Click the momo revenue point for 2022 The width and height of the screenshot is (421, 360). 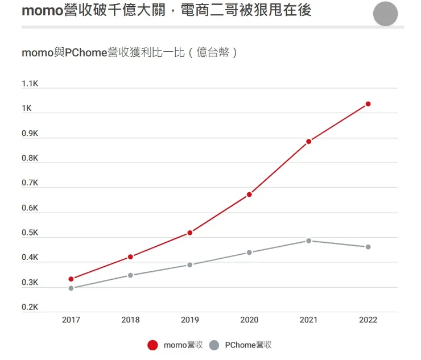click(x=368, y=104)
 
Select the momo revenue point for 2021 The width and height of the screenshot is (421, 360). click(x=309, y=142)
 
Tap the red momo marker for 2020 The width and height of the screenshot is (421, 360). click(x=249, y=195)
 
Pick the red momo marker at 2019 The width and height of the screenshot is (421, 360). click(x=190, y=233)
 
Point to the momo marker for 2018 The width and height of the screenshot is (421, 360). click(x=130, y=257)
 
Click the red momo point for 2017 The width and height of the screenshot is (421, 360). click(x=71, y=279)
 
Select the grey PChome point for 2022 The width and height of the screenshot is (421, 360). click(x=368, y=247)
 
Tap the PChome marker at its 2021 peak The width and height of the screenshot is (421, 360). click(x=309, y=241)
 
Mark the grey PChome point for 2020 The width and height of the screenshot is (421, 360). click(x=249, y=253)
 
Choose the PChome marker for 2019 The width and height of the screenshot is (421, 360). click(x=190, y=264)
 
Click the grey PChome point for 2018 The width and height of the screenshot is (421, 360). click(x=130, y=275)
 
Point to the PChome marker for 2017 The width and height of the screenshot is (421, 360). click(x=71, y=288)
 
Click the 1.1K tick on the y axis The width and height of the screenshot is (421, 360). click(x=30, y=84)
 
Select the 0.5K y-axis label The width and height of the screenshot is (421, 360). click(x=30, y=233)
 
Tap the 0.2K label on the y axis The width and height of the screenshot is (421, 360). click(x=30, y=308)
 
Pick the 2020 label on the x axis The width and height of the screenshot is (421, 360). click(x=249, y=320)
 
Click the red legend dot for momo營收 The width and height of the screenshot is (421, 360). click(x=152, y=345)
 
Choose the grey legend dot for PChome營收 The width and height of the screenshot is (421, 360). click(x=214, y=345)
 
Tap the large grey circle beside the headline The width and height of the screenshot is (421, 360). click(x=385, y=14)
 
